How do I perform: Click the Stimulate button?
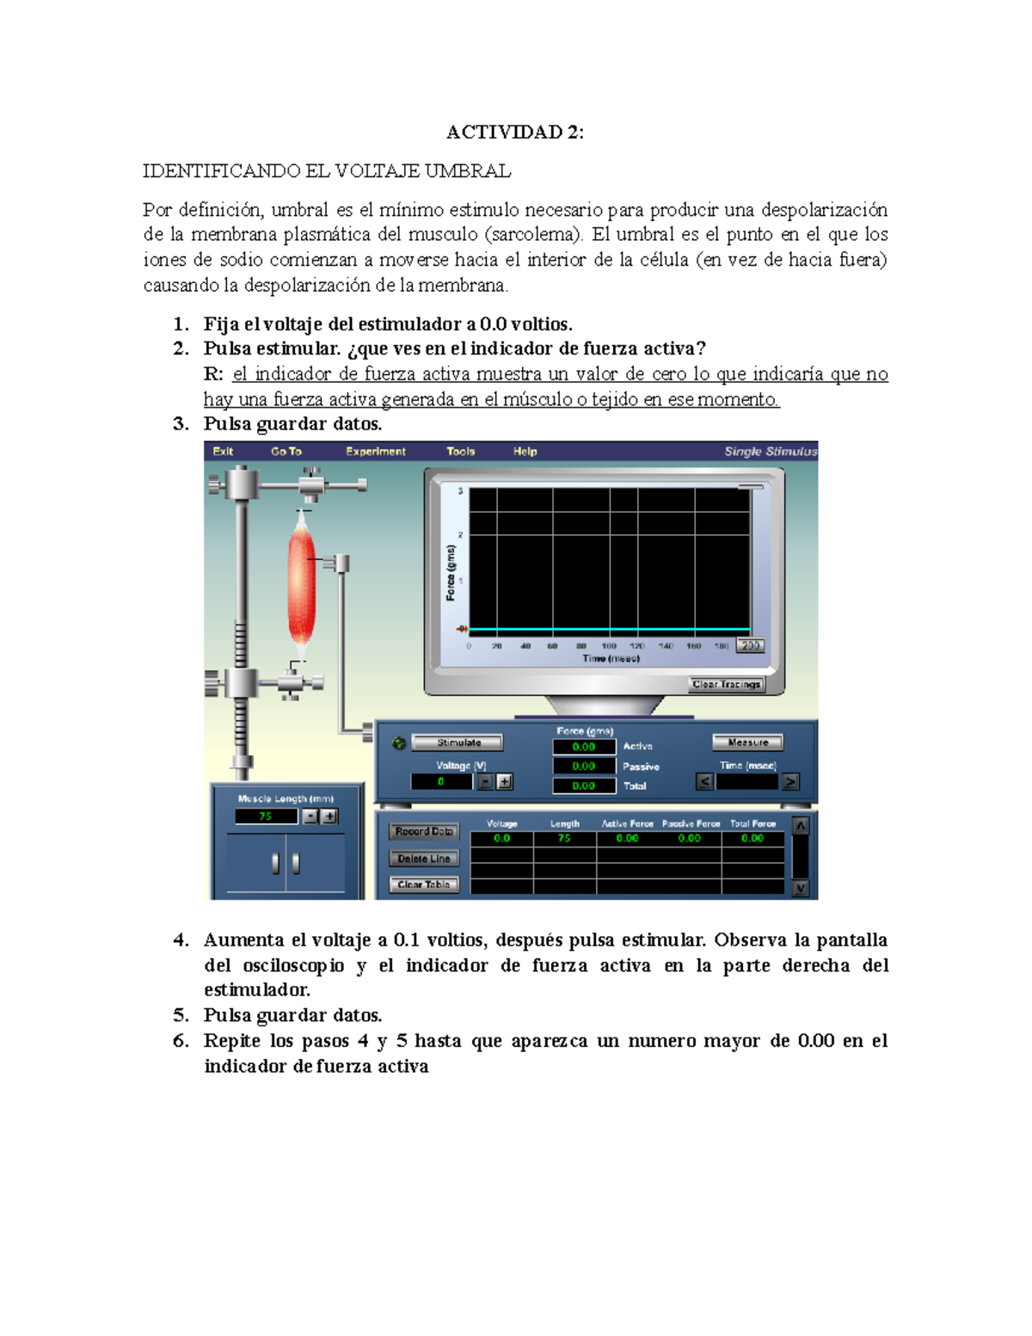point(458,742)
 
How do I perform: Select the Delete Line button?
point(424,859)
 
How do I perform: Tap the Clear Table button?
point(424,884)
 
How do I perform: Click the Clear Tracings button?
point(727,685)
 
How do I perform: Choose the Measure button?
point(747,742)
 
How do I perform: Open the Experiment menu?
point(376,452)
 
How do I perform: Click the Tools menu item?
point(460,452)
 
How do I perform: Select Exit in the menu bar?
point(223,452)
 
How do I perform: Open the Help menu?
point(525,452)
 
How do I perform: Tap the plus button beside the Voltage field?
point(505,782)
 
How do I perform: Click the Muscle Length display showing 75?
point(266,816)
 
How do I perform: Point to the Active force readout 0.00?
point(584,747)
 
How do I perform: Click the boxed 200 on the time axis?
point(750,645)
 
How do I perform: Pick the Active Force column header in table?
point(627,823)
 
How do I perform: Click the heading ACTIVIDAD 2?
point(514,132)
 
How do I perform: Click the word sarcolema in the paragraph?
point(534,235)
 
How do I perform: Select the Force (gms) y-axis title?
point(451,572)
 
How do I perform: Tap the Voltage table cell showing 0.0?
point(501,838)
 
